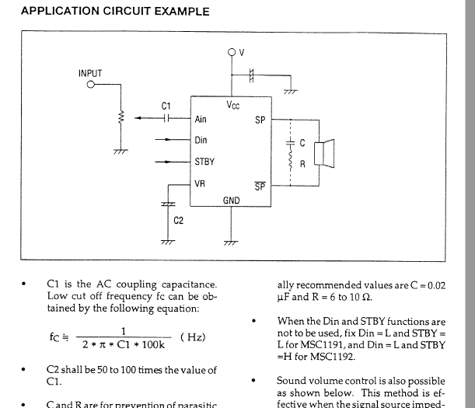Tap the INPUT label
[90, 73]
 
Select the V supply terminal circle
[232, 53]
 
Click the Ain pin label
[201, 120]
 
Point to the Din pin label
[201, 141]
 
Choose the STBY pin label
[204, 162]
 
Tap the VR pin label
[200, 183]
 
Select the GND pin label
[232, 200]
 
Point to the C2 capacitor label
[178, 221]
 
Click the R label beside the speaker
[303, 164]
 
